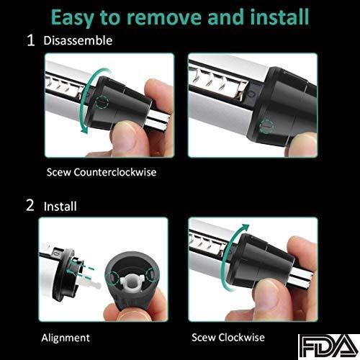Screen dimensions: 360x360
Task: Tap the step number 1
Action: [x=31, y=40]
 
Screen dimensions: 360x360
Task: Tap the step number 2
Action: [x=30, y=205]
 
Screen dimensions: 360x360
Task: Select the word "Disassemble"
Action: [x=78, y=40]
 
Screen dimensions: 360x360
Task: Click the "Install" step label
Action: [x=60, y=207]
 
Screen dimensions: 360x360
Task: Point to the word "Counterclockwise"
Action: [x=115, y=172]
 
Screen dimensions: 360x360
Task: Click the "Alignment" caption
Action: [x=66, y=338]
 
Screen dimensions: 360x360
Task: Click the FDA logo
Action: [x=328, y=347]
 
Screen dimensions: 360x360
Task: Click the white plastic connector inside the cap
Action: [x=131, y=283]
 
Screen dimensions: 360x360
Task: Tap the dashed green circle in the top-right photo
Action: [x=266, y=125]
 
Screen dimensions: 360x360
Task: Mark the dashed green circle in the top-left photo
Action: [x=102, y=102]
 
